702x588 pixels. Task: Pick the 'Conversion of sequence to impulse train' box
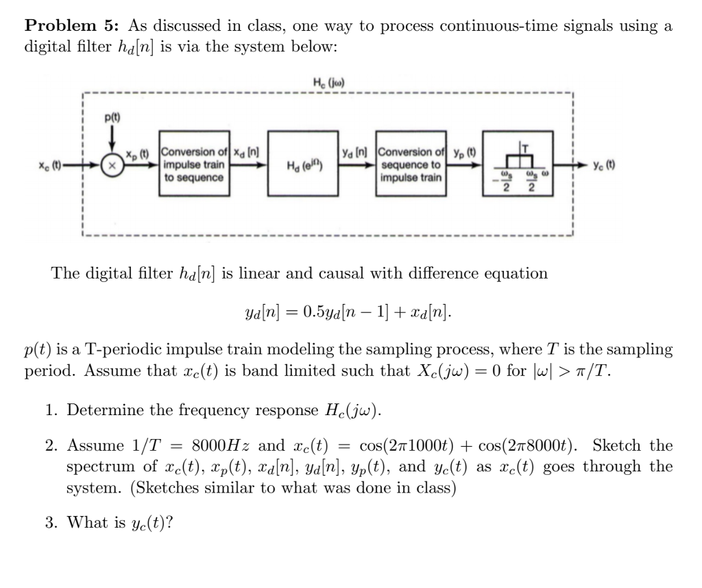click(x=411, y=165)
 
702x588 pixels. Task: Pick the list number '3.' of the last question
click(x=51, y=524)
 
